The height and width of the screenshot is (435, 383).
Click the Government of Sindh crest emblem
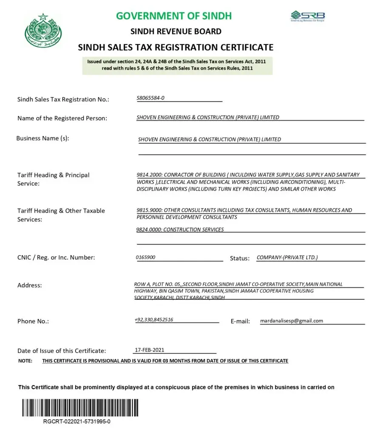tap(43, 31)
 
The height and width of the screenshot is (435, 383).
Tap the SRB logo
tap(308, 16)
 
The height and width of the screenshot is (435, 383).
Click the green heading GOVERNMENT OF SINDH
tap(174, 16)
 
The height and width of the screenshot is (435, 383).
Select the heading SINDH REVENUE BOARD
tap(176, 31)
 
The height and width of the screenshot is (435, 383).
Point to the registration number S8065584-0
tap(150, 98)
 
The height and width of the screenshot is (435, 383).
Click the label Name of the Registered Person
tap(62, 118)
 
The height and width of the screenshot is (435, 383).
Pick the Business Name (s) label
tap(43, 138)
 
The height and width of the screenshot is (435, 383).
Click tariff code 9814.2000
tap(149, 175)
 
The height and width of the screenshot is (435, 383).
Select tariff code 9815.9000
tap(149, 210)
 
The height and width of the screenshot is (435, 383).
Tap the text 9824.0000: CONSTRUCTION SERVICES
tap(180, 229)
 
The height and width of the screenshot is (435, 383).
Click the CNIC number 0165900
tap(146, 257)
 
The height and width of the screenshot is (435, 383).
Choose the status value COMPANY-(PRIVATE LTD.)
tap(287, 257)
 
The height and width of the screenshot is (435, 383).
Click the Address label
tap(30, 285)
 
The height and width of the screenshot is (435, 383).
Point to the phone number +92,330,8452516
tap(154, 320)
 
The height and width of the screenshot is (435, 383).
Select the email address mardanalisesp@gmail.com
tap(292, 321)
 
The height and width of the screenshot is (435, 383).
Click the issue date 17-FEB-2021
tap(149, 350)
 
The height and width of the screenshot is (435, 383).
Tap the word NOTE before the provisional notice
tap(26, 361)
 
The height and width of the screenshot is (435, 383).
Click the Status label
tap(239, 258)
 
